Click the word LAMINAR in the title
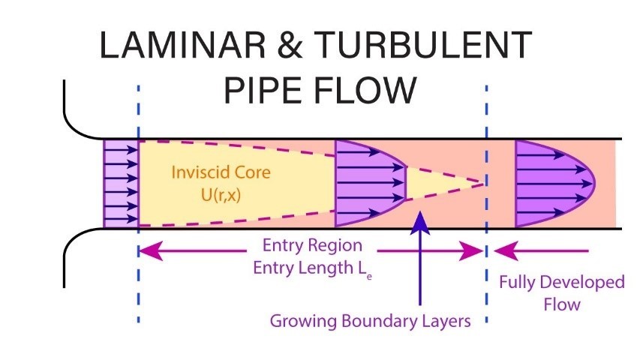tap(182, 45)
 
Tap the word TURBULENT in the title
tap(423, 45)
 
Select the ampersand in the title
tap(290, 45)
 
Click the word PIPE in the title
tap(263, 90)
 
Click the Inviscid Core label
tap(221, 172)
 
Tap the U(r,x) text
tap(221, 195)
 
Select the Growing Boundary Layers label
tap(370, 321)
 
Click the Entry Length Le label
tap(312, 268)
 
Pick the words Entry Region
tap(312, 246)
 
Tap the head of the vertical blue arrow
tap(420, 223)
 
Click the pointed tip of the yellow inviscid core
tap(484, 184)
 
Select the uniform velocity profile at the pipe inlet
tap(122, 184)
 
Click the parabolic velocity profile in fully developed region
tap(554, 184)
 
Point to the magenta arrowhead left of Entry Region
tap(151, 250)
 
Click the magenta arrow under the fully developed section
tap(541, 250)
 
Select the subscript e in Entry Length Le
tap(369, 277)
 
